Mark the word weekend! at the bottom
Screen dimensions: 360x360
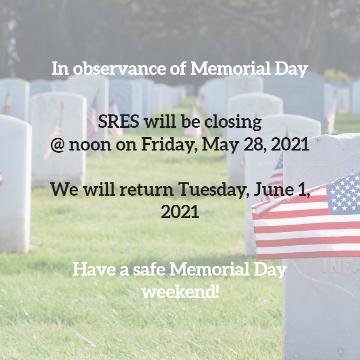(180, 292)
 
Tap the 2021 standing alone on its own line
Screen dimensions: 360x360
(180, 212)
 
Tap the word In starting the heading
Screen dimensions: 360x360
(60, 69)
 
